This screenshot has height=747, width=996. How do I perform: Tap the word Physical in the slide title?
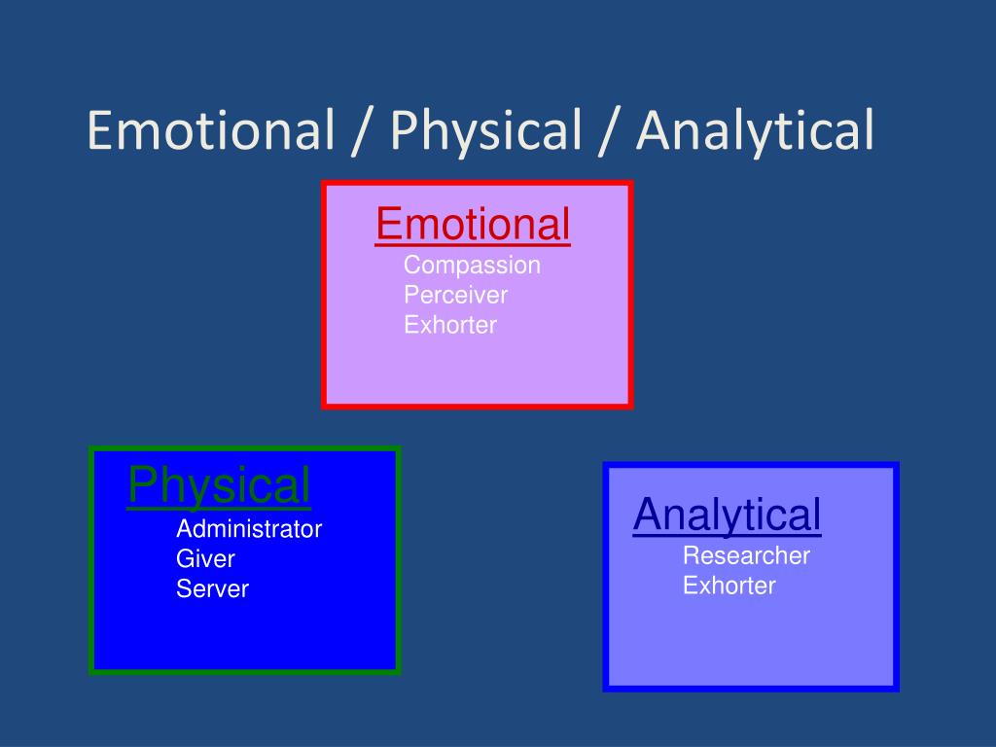(x=482, y=130)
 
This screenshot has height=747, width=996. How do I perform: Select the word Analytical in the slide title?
(x=755, y=130)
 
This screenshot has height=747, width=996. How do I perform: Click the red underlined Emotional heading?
(x=473, y=225)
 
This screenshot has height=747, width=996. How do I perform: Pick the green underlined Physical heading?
(x=219, y=485)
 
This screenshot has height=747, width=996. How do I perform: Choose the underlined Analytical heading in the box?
(x=727, y=515)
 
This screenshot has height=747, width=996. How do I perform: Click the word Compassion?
(x=472, y=266)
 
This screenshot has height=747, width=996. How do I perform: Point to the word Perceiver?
(x=455, y=295)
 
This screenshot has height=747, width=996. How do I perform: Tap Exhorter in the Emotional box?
(x=450, y=325)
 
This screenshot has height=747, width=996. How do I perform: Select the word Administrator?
(x=248, y=529)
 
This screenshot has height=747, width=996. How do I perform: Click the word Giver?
(x=205, y=559)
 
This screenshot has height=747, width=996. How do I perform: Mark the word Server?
(x=212, y=588)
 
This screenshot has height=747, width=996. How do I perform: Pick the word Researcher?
(x=746, y=556)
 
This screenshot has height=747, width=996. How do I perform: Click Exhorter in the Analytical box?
(x=729, y=586)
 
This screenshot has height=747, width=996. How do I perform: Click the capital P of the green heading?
(x=141, y=485)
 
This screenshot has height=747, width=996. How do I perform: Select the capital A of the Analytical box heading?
(x=647, y=515)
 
